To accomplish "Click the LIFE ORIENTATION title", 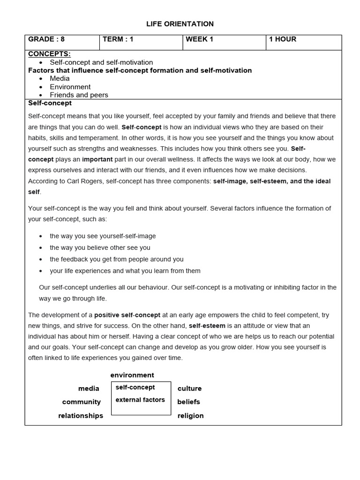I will (180, 24).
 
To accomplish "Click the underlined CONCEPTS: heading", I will (49, 54).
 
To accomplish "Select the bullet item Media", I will (60, 78).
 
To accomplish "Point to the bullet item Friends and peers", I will (79, 95).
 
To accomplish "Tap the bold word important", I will (97, 159).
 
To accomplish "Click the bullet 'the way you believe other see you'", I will (100, 247).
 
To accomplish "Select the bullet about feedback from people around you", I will (116, 259).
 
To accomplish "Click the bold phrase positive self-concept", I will (127, 315).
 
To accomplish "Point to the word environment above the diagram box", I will (132, 375).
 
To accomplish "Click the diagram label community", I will (82, 402).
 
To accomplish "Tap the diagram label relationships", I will (81, 416).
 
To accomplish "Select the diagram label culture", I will (189, 389).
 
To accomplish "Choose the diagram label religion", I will (190, 416).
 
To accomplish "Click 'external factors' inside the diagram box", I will (140, 400).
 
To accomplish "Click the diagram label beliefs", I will (188, 402).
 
